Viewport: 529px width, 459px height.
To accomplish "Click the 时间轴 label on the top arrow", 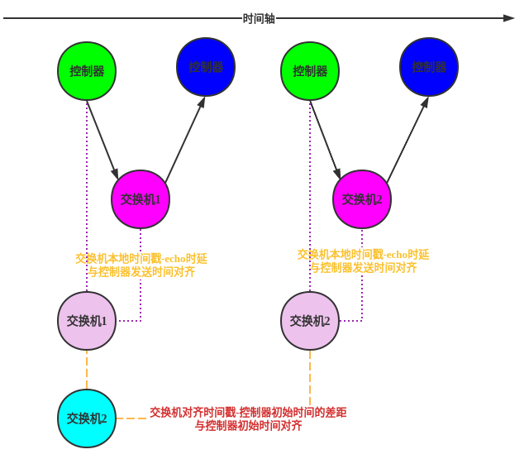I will pyautogui.click(x=259, y=18).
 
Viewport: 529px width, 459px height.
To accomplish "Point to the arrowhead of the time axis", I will pyautogui.click(x=509, y=18).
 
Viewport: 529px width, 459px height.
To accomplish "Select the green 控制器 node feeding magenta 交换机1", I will pyautogui.click(x=87, y=71).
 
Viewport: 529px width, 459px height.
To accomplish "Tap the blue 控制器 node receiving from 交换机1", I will pyautogui.click(x=206, y=67).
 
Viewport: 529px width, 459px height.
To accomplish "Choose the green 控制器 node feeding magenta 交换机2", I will pyautogui.click(x=310, y=71).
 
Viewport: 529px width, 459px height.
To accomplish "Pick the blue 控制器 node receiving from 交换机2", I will pyautogui.click(x=429, y=67).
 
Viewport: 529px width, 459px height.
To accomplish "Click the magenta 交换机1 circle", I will pyautogui.click(x=141, y=199).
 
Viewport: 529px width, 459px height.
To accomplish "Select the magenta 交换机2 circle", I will pyautogui.click(x=362, y=199).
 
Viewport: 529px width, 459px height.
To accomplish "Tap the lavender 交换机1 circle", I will pyautogui.click(x=87, y=321).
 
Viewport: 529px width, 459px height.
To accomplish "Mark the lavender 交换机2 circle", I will pyautogui.click(x=310, y=321).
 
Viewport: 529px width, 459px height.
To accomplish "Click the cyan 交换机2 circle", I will pyautogui.click(x=87, y=418).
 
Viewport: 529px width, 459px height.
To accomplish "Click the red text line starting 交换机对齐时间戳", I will pyautogui.click(x=248, y=412).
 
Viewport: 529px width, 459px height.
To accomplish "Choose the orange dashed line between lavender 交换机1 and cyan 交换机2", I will pyautogui.click(x=87, y=370).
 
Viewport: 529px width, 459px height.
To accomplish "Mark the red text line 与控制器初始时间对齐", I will pyautogui.click(x=248, y=426).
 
